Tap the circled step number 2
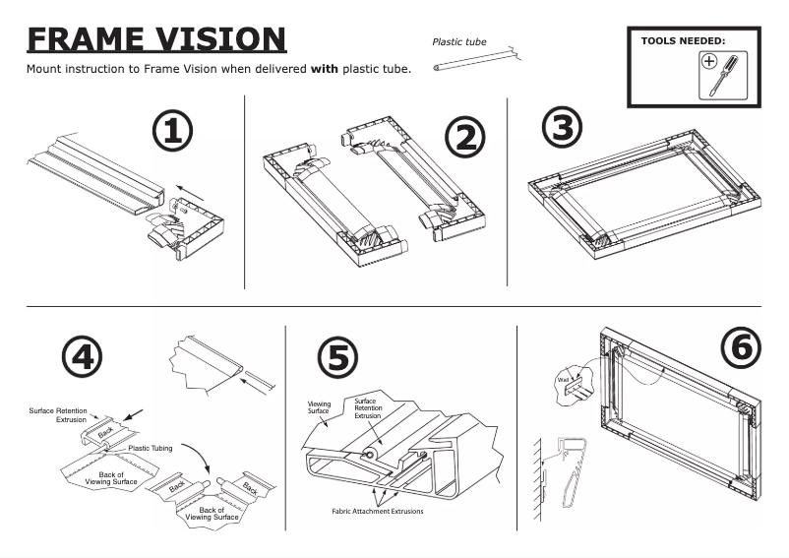464,138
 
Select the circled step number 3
562,126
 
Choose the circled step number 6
743,346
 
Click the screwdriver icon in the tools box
722,75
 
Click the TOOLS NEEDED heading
682,41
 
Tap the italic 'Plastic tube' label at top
459,41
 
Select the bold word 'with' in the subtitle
325,70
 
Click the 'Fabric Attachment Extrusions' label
379,511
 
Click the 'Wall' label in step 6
564,377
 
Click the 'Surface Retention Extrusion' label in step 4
56,413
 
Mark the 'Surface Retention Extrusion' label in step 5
367,407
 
